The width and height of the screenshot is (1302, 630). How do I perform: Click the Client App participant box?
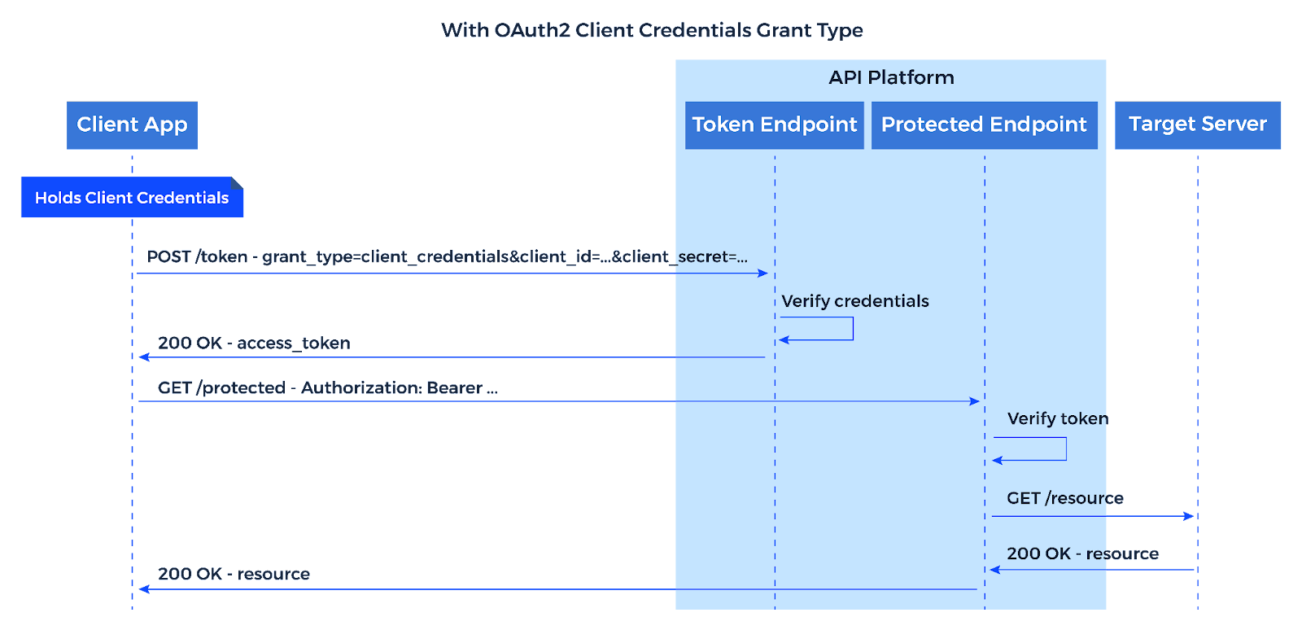pos(132,125)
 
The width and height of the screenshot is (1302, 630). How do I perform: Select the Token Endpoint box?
pos(774,125)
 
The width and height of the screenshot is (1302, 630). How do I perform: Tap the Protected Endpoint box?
pos(984,125)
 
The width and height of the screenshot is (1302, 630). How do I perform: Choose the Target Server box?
pos(1197,125)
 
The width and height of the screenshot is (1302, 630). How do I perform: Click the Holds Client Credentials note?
pos(132,198)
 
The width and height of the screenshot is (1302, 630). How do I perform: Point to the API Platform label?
pos(891,78)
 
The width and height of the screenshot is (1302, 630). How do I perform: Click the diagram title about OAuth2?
pos(652,31)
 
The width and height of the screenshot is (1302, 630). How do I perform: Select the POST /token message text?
pos(447,257)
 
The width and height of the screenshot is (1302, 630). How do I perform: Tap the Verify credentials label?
pos(854,301)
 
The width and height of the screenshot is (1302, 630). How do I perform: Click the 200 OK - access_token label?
pos(254,343)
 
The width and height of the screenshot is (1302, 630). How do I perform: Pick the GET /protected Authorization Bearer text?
pos(327,388)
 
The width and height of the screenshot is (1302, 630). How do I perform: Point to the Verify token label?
pos(1057,419)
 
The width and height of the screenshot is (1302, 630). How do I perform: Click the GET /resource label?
pos(1064,498)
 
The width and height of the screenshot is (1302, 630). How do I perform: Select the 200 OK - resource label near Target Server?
pos(1082,554)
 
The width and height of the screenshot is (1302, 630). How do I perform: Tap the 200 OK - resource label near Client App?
pos(234,575)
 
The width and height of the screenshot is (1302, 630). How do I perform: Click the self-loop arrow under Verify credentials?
pos(851,329)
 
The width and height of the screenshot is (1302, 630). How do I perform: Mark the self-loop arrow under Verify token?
pos(1064,449)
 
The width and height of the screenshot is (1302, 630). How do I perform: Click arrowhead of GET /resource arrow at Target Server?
pos(1189,516)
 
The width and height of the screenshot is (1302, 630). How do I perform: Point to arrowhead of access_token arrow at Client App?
pos(144,357)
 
